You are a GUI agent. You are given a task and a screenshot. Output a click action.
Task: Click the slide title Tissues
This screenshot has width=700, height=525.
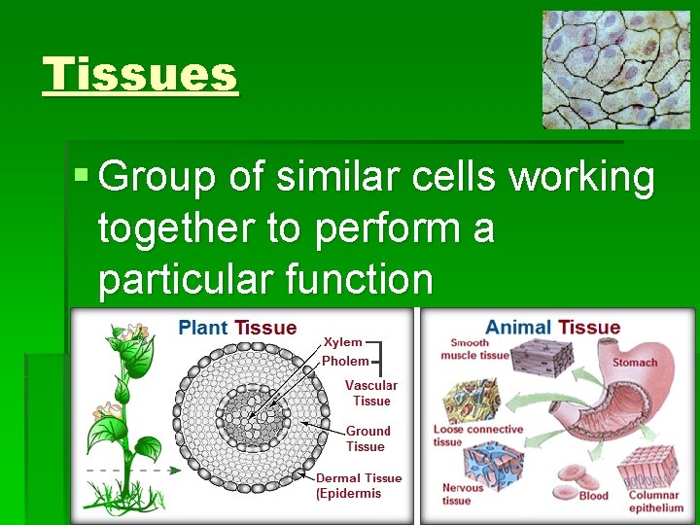coord(140,75)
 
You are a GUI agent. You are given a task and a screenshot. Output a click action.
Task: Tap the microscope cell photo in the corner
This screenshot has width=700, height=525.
coord(615,70)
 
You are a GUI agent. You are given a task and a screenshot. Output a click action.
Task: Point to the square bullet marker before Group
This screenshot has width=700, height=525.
coord(82,177)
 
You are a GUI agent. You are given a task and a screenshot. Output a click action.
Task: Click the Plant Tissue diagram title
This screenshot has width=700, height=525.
coord(237,328)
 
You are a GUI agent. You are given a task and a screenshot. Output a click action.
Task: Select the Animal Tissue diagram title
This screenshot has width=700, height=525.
coord(552,328)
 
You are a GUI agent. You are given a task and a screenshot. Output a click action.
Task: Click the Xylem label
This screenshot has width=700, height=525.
coord(342,342)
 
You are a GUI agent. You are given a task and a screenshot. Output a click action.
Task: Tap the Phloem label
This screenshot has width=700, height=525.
coord(345,361)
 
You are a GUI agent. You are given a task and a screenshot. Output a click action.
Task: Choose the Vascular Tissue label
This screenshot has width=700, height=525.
coord(371,393)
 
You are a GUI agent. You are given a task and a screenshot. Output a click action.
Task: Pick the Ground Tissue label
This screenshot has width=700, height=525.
coord(367,438)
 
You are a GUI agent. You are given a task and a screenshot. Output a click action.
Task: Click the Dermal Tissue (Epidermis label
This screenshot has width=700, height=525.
coord(359,485)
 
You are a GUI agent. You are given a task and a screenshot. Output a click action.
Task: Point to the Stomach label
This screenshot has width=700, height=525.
coord(634,363)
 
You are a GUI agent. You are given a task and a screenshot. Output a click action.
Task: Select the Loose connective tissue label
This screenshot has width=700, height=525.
coord(476,435)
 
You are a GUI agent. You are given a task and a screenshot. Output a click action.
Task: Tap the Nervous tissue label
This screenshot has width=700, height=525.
coord(462,494)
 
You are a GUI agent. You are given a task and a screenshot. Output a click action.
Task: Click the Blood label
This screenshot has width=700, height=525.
coord(593,496)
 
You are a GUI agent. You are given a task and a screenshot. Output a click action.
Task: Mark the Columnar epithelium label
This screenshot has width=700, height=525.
coord(655,502)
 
